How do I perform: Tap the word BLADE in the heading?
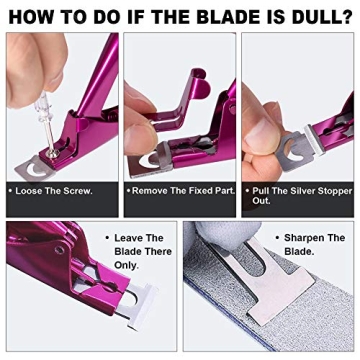[236, 15]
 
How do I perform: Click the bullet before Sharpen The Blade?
[276, 239]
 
